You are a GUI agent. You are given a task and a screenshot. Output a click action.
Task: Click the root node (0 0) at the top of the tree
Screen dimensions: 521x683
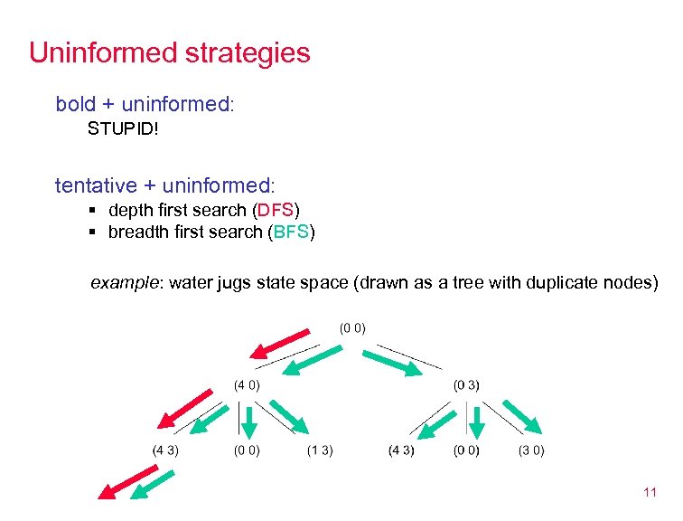352,327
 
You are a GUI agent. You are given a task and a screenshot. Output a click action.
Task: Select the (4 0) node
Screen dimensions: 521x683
247,384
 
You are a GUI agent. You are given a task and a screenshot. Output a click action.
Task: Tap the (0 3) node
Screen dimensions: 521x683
466,384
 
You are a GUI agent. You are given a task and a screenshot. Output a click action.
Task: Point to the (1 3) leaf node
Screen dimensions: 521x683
320,450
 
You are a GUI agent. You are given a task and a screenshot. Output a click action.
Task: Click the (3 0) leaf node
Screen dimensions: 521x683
531,450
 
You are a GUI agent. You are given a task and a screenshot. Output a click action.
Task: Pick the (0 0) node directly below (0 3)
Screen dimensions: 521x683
466,450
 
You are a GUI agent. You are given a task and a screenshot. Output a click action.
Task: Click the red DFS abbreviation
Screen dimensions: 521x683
275,210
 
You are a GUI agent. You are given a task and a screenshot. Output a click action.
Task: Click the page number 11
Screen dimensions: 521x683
649,493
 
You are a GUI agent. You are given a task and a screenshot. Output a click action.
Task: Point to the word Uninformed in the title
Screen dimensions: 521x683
103,52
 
